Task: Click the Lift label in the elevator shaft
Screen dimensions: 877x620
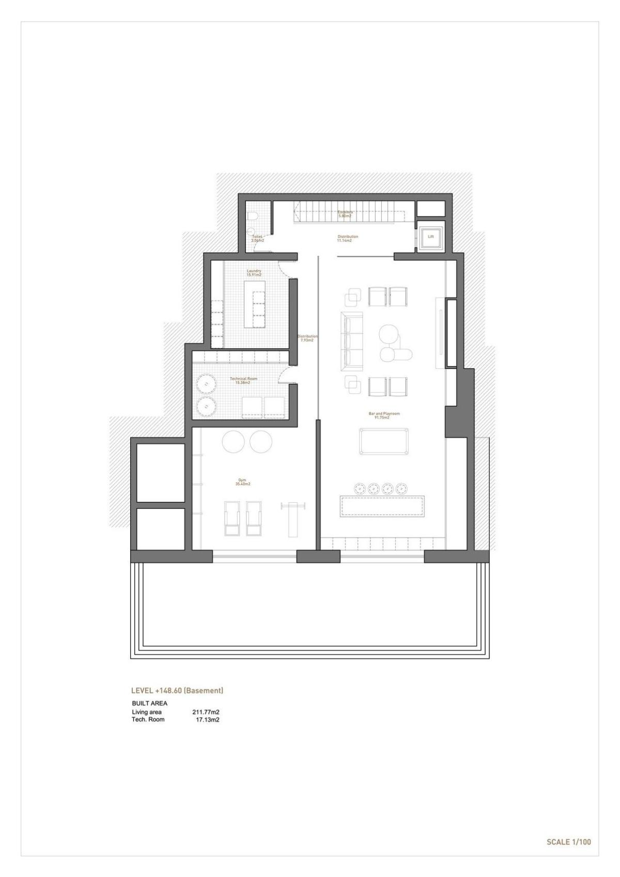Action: (x=430, y=237)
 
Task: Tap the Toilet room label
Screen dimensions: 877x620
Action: (x=257, y=238)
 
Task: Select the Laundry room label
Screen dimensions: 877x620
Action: (x=254, y=272)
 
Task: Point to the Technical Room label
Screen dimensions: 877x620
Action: (x=243, y=380)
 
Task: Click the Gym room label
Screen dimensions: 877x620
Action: (x=242, y=483)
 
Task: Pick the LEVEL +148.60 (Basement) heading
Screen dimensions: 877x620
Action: (x=177, y=690)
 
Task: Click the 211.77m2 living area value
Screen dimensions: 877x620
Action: (x=206, y=712)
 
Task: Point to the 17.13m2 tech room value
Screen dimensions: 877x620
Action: (x=207, y=719)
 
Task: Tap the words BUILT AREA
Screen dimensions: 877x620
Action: (x=150, y=703)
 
